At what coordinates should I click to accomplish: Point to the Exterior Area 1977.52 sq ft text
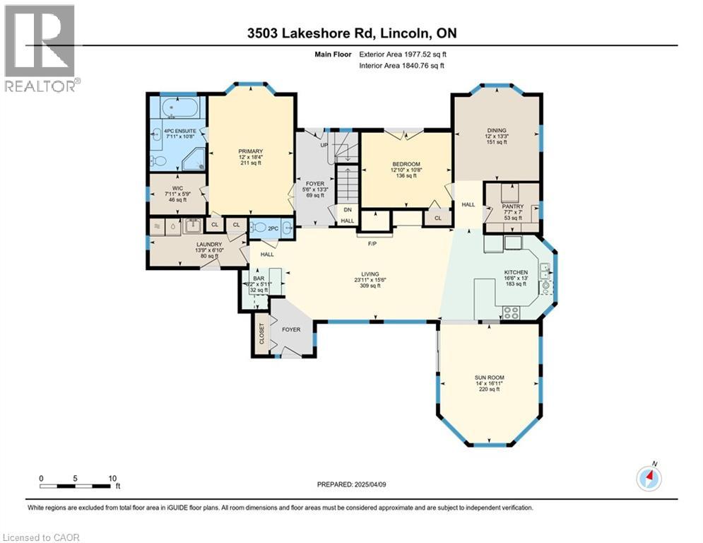(x=403, y=54)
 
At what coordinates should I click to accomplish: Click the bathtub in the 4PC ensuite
(x=177, y=110)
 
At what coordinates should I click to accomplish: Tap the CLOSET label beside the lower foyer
(x=261, y=338)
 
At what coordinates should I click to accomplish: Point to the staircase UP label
(x=324, y=145)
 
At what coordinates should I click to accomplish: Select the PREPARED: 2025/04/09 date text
(x=351, y=485)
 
